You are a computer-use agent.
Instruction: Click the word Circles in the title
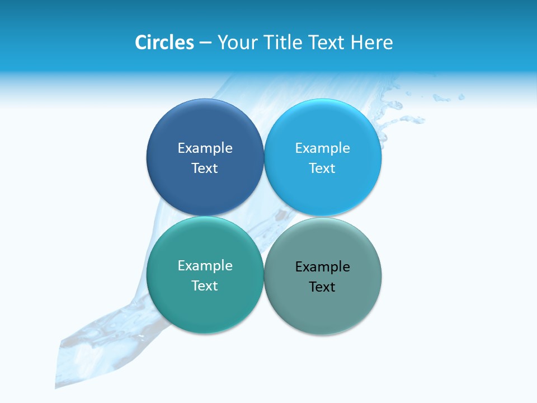164,43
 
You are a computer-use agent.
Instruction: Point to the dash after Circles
205,43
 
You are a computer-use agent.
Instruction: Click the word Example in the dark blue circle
205,148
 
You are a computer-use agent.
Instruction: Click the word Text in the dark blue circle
205,168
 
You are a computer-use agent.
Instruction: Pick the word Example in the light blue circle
322,148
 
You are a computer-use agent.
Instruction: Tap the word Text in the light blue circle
322,168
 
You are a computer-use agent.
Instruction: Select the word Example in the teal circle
205,266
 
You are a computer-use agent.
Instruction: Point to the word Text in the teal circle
205,285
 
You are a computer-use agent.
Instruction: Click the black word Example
322,267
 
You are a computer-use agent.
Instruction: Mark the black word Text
322,287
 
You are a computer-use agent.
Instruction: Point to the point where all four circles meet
264,216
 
